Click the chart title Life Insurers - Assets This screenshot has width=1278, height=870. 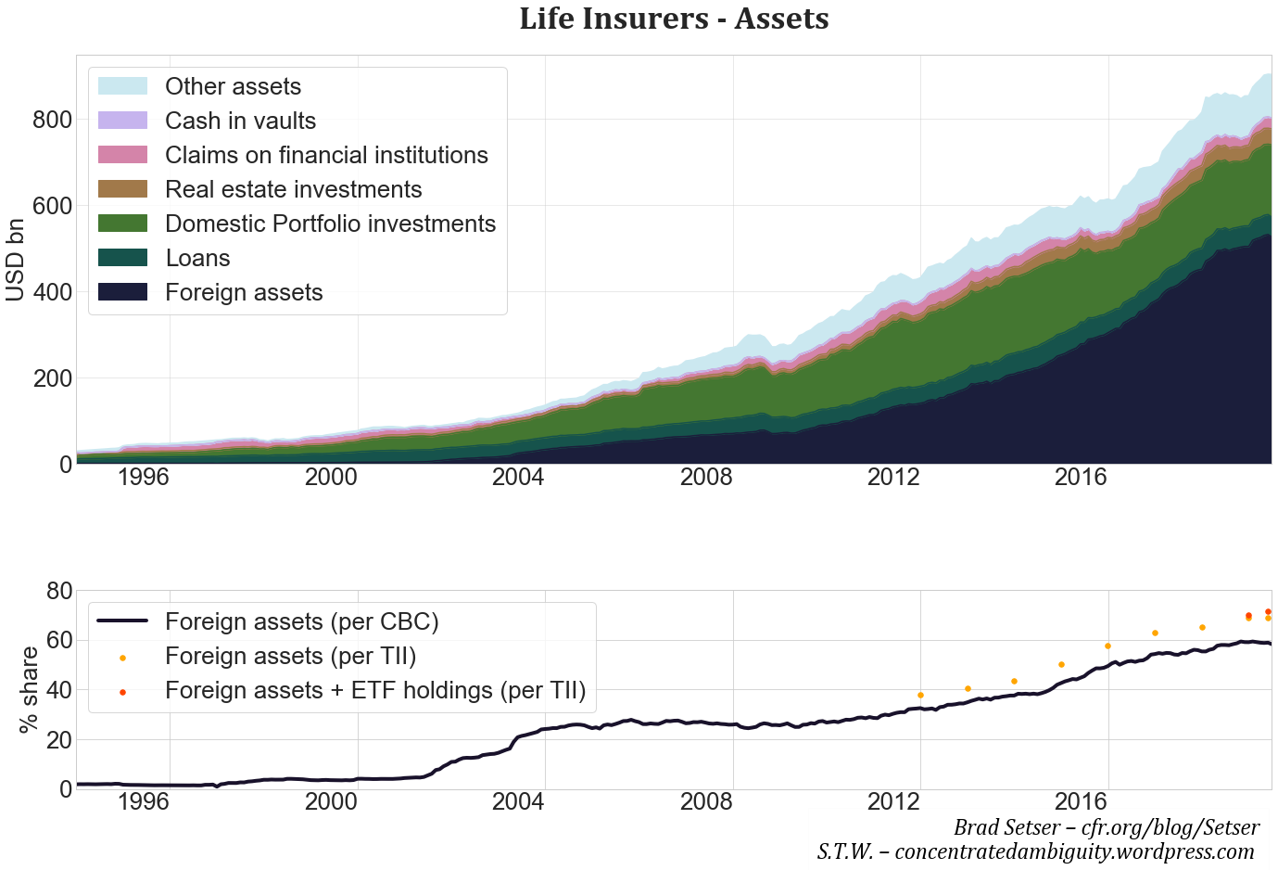tap(674, 19)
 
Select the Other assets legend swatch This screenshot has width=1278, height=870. tap(122, 86)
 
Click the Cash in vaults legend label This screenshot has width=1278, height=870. tap(240, 121)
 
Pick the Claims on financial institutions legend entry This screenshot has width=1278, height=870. tap(326, 155)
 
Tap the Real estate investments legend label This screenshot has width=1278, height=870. tap(293, 189)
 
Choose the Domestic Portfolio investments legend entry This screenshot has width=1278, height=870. tap(330, 224)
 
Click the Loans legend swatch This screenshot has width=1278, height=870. tap(122, 258)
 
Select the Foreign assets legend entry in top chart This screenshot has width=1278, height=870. tap(244, 292)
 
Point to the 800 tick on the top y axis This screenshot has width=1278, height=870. tap(52, 120)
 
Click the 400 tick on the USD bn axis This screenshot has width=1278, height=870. tap(52, 292)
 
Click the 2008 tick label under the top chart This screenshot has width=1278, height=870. tap(705, 478)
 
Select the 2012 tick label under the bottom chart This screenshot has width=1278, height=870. tap(892, 802)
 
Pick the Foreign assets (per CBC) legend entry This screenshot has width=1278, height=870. tap(301, 621)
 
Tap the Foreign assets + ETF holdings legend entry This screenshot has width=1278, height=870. tap(375, 690)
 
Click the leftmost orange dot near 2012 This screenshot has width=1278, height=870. tap(920, 695)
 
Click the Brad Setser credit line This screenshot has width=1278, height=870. tap(1106, 827)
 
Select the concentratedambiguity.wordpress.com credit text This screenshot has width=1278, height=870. tap(1035, 851)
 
